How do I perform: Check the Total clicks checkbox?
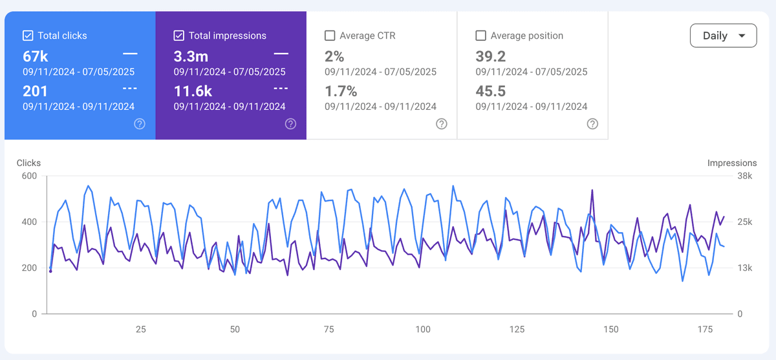point(28,36)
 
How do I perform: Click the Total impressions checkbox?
point(179,36)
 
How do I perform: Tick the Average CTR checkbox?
point(330,36)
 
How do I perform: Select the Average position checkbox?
point(480,36)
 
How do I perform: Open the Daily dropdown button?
point(723,36)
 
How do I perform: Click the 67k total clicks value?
point(36,56)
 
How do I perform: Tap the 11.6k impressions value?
point(193,91)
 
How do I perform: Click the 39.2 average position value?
point(490,56)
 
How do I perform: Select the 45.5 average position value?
point(490,91)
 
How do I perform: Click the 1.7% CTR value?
point(341,91)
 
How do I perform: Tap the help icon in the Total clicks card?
point(140,124)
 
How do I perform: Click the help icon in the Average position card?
point(592,124)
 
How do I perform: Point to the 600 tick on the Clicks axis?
point(28,176)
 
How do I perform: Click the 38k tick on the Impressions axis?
point(746,176)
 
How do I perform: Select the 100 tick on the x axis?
point(423,330)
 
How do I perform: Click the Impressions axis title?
point(732,163)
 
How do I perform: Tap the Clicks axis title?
point(28,163)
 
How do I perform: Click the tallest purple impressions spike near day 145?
point(592,190)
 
